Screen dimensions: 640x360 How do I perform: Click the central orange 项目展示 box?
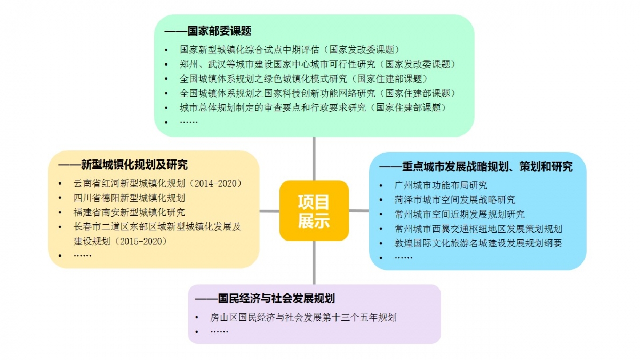314,211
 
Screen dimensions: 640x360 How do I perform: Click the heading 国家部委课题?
219,31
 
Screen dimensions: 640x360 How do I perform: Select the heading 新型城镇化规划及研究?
134,165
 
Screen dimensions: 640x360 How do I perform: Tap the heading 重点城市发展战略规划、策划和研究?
487,166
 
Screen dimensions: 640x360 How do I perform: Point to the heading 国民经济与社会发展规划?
276,299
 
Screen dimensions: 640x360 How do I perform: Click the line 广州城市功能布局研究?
441,186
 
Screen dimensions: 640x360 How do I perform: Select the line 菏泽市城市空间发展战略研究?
454,200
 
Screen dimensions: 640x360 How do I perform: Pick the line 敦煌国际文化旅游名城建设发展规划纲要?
478,243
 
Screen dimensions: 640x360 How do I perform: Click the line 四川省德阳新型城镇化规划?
129,198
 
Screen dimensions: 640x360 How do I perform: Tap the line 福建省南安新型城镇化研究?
129,212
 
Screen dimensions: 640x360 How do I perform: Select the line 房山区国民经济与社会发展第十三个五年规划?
303,317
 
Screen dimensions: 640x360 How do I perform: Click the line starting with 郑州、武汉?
318,65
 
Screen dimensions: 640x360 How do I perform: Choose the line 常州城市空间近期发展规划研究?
459,214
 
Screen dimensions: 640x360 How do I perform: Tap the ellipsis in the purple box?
219,332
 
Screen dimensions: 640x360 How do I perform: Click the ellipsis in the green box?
189,122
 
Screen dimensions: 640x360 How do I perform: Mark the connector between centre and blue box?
359,211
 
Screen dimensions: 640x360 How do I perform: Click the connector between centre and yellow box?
269,211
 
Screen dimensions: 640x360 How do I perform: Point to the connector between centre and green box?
314,159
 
